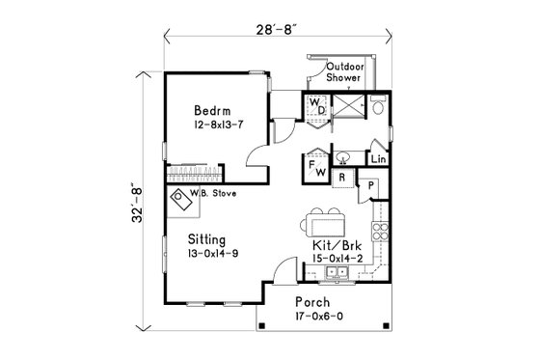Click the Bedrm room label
pyautogui.click(x=210, y=109)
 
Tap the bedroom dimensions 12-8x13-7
pyautogui.click(x=210, y=125)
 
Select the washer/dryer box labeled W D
pyautogui.click(x=318, y=106)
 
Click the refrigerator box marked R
pyautogui.click(x=341, y=177)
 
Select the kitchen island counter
pyautogui.click(x=324, y=222)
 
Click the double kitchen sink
pyautogui.click(x=338, y=275)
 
